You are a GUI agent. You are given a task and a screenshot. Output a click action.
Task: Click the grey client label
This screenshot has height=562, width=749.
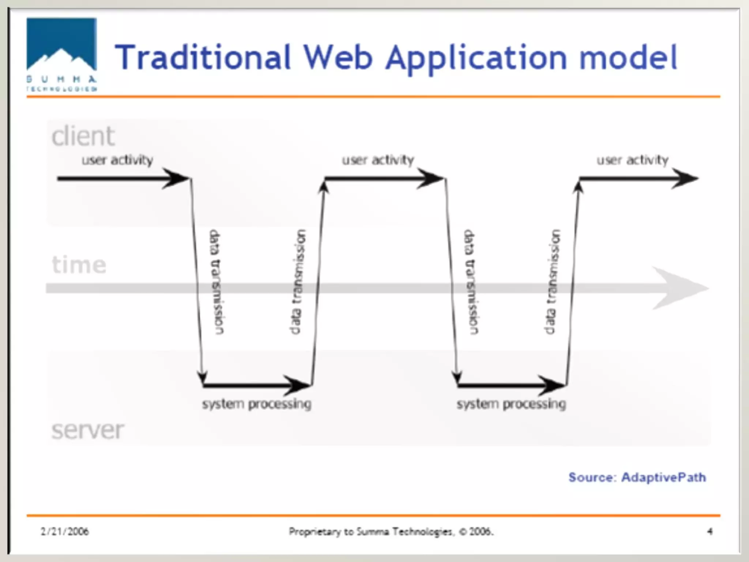click(83, 136)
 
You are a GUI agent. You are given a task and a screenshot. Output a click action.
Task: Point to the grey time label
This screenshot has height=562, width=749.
click(79, 265)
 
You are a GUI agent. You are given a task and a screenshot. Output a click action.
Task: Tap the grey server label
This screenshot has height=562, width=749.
click(88, 430)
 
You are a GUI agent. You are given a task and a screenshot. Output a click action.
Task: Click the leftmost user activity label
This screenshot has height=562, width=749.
click(117, 160)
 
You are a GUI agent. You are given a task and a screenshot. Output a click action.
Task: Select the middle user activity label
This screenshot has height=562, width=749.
click(378, 160)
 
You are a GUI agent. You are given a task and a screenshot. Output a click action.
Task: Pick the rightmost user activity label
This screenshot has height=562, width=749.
click(633, 160)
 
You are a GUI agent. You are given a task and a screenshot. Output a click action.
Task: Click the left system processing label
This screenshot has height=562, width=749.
click(257, 404)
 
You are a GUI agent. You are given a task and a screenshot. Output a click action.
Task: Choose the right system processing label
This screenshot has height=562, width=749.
click(511, 404)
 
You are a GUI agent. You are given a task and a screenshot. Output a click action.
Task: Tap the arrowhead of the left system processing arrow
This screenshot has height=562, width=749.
click(298, 385)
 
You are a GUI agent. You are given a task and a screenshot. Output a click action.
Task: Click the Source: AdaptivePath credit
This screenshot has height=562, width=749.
click(637, 477)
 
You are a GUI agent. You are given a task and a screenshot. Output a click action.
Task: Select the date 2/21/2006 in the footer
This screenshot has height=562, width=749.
click(65, 531)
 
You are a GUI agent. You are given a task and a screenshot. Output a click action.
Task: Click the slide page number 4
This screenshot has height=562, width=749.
click(710, 531)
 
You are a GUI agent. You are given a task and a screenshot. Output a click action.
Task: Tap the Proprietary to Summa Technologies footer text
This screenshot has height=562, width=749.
click(391, 531)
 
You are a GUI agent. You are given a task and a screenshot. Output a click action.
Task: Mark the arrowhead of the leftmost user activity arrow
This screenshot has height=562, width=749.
click(176, 179)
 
